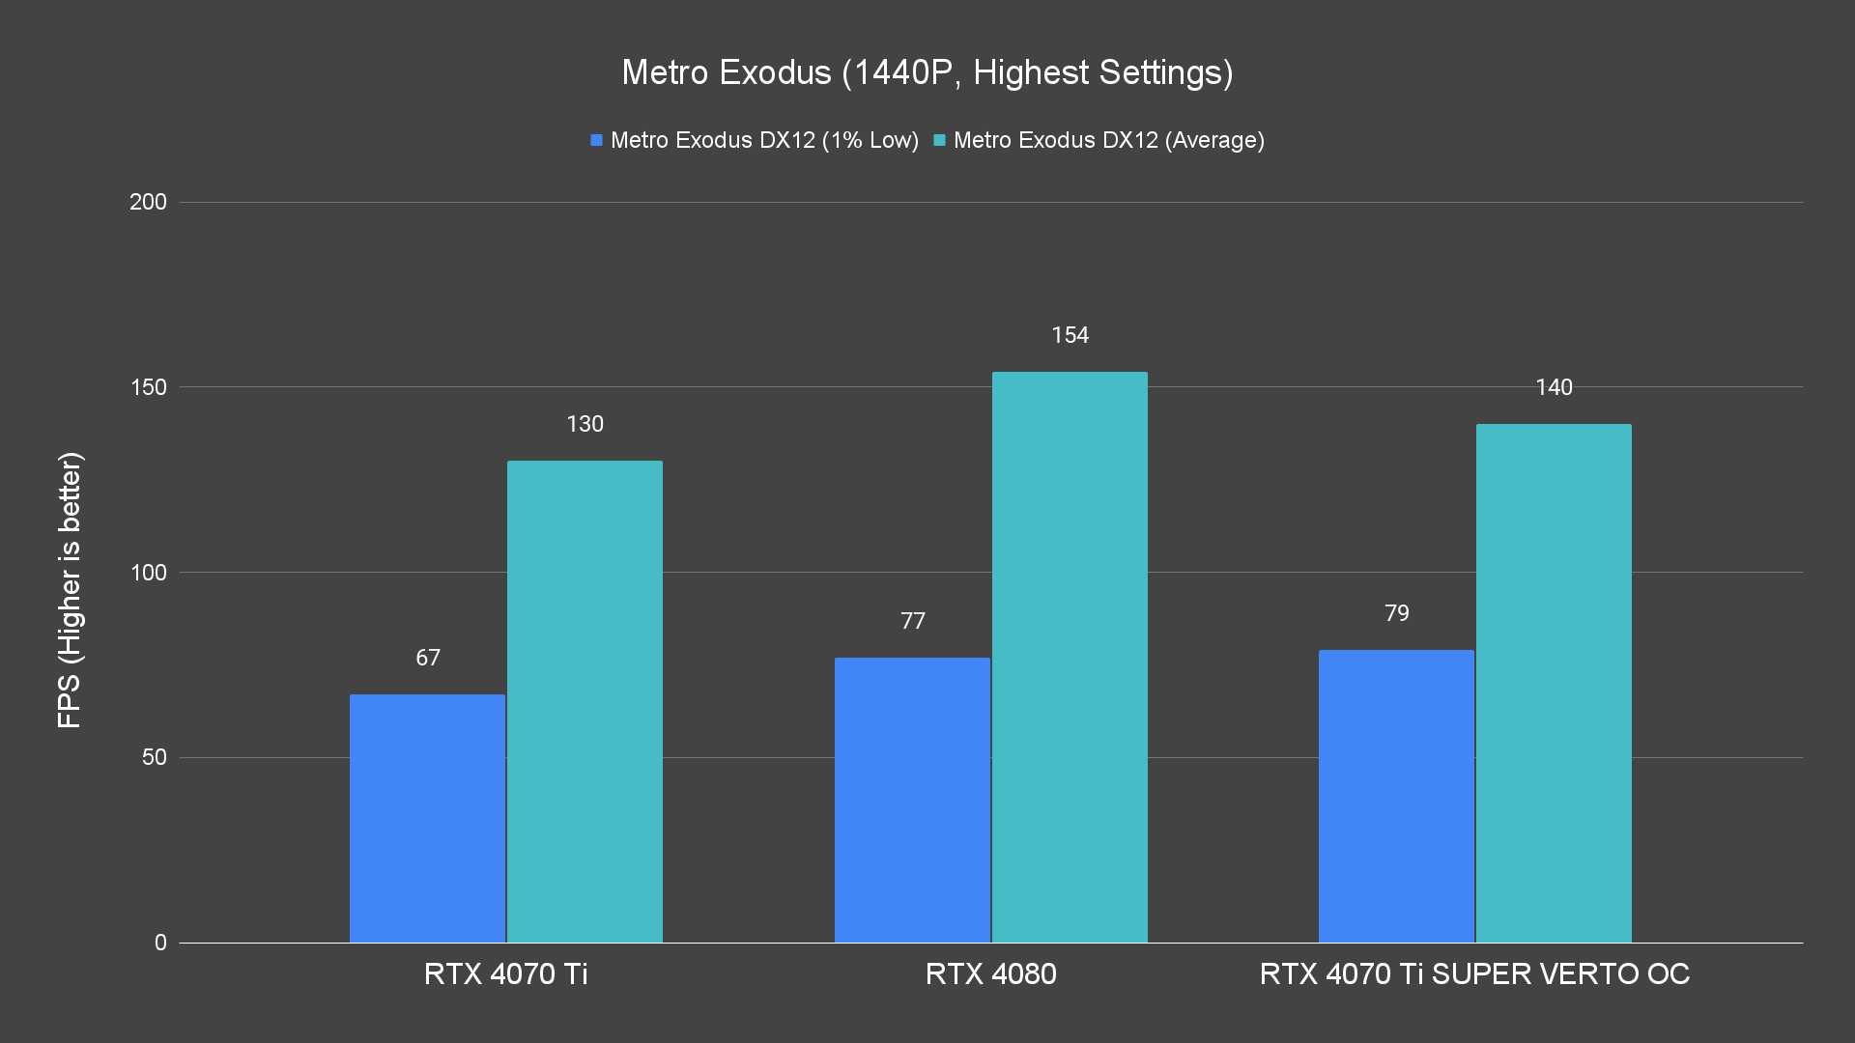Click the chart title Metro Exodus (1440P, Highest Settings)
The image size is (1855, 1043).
(927, 72)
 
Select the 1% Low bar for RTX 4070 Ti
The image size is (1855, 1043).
(427, 818)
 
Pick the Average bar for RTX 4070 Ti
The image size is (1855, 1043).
(585, 701)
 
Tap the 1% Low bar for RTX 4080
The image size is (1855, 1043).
(912, 800)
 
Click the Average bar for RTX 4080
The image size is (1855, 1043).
(1070, 657)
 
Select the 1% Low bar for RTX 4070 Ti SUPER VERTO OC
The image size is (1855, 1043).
(1396, 796)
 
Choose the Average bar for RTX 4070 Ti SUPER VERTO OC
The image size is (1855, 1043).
(1554, 683)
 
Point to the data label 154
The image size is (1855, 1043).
(1070, 335)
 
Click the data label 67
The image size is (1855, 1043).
(428, 658)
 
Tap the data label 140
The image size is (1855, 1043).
(1554, 387)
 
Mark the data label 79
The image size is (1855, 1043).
(1396, 613)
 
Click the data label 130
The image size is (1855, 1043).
(585, 424)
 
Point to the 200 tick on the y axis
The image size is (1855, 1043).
(148, 202)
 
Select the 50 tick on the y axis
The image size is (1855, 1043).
(154, 757)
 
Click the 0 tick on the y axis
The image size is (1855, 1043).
(160, 943)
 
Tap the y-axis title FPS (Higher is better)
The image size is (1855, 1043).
(70, 589)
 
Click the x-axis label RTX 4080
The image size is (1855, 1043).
(990, 973)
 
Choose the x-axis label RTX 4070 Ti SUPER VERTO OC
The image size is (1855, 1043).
(1474, 973)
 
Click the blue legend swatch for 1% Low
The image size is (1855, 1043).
(596, 140)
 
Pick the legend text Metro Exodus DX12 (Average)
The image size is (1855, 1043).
(1108, 140)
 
